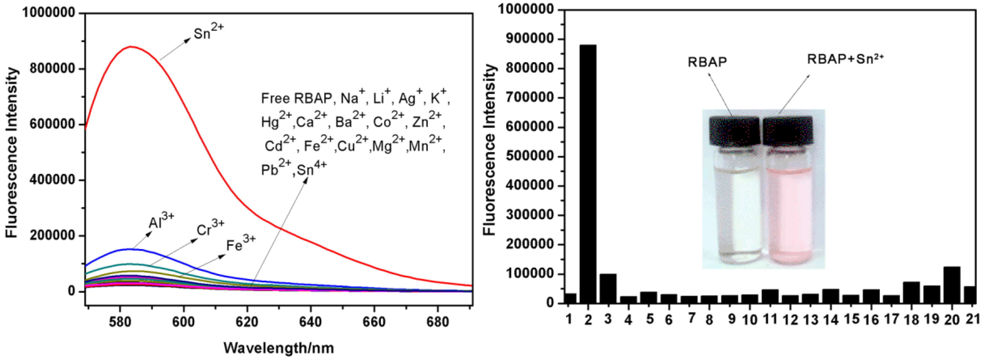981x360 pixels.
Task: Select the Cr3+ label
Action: coord(210,229)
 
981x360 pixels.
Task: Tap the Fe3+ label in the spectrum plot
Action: coord(241,244)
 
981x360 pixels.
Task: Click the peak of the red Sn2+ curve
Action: coord(131,47)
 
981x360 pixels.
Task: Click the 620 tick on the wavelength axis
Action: coord(247,322)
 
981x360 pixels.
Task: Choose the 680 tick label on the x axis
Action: coord(437,322)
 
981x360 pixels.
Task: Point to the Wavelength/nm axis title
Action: coord(278,348)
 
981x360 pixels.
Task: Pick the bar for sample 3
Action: coord(608,288)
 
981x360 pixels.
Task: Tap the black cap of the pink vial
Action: coord(788,131)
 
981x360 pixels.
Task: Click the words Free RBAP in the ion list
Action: coord(296,99)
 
